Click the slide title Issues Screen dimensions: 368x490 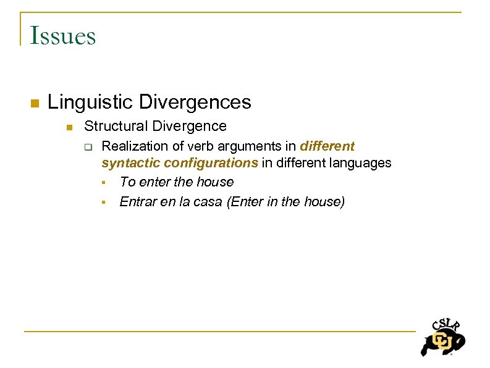(62, 36)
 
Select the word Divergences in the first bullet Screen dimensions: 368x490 (195, 101)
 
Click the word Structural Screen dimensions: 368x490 (116, 126)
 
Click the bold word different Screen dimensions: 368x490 (327, 146)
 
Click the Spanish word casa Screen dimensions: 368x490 (208, 202)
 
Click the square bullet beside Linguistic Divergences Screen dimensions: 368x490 (35, 102)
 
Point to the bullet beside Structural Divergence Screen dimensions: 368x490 (70, 127)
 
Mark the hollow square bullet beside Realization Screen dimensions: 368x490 (88, 147)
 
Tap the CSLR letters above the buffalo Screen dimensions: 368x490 (446, 325)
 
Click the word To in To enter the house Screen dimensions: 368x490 (127, 182)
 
